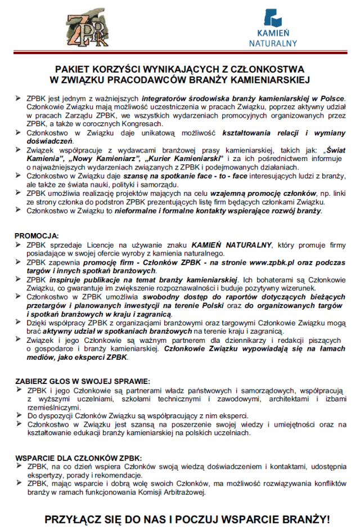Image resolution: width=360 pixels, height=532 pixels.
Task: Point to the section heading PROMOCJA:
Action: click(37, 235)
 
